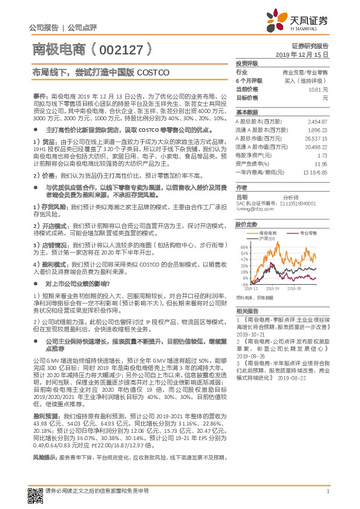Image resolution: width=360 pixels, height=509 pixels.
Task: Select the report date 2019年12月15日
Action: coord(306,54)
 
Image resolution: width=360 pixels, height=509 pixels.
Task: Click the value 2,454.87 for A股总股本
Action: coord(318,122)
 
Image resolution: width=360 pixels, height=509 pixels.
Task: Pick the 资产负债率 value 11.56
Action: coord(321,164)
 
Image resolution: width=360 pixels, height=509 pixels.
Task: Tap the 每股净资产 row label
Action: coord(251,155)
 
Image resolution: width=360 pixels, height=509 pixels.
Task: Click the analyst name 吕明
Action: coord(241,197)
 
